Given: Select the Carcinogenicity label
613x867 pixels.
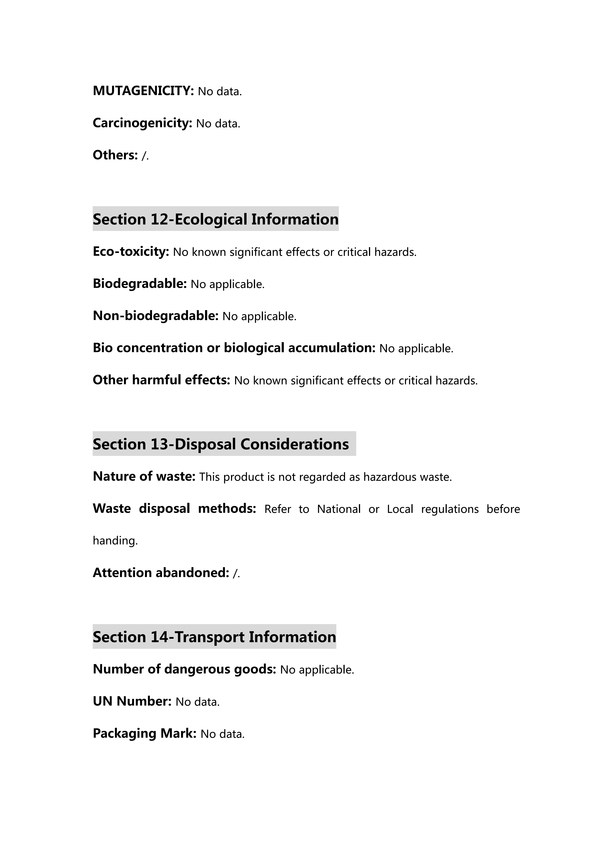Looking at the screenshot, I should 142,123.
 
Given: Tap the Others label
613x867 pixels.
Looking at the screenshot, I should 115,155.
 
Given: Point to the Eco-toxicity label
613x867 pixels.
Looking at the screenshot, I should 131,251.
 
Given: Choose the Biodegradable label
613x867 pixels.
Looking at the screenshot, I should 140,284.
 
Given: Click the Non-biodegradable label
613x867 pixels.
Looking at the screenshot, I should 155,316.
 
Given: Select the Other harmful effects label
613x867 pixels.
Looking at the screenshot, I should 161,380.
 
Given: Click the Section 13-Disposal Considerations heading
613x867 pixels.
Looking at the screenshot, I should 221,444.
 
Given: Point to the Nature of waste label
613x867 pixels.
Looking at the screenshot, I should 144,477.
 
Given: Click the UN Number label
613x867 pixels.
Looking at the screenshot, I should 132,701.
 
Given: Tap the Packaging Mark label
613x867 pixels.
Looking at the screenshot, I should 145,733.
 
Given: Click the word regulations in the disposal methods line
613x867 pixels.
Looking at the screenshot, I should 449,509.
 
